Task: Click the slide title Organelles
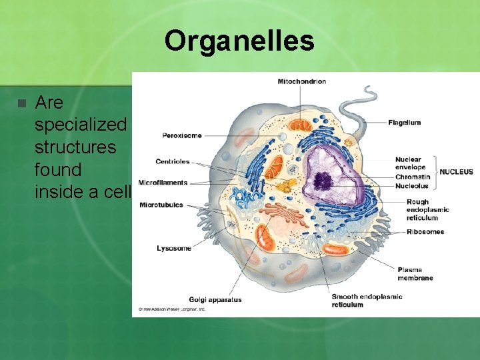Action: [239, 41]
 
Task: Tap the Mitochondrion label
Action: [301, 81]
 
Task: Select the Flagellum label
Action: [404, 123]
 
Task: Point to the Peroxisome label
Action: [181, 136]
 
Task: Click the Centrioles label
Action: [173, 161]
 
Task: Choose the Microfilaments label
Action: [163, 183]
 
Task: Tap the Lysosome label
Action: [173, 248]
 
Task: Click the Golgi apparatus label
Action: [215, 299]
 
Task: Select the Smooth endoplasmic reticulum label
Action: [366, 301]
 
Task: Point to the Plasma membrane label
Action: [415, 274]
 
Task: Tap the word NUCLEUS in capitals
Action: [456, 172]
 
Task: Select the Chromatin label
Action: [411, 178]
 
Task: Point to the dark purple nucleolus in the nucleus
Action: [324, 179]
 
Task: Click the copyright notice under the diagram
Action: [171, 309]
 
